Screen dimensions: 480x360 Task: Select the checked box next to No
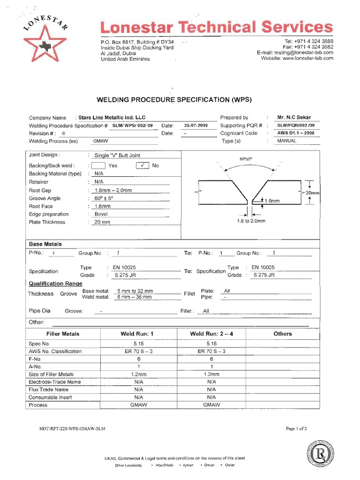[142, 165]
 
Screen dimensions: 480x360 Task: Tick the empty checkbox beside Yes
[98, 165]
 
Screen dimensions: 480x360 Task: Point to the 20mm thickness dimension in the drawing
[312, 193]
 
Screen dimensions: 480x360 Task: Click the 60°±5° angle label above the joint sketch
[246, 159]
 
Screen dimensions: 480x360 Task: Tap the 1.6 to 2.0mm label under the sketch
[251, 221]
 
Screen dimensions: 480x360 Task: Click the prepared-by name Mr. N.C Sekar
[294, 117]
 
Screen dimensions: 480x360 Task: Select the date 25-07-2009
[196, 126]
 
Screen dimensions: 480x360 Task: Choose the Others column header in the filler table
[283, 334]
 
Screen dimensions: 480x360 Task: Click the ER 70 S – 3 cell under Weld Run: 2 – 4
[211, 351]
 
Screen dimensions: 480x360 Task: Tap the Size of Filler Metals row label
[51, 374]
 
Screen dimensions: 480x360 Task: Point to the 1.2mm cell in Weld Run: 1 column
[138, 374]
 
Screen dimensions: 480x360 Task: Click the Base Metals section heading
[45, 244]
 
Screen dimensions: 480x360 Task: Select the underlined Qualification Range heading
[55, 284]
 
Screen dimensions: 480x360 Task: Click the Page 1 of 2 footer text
[296, 428]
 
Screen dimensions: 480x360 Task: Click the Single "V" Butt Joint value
[117, 155]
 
